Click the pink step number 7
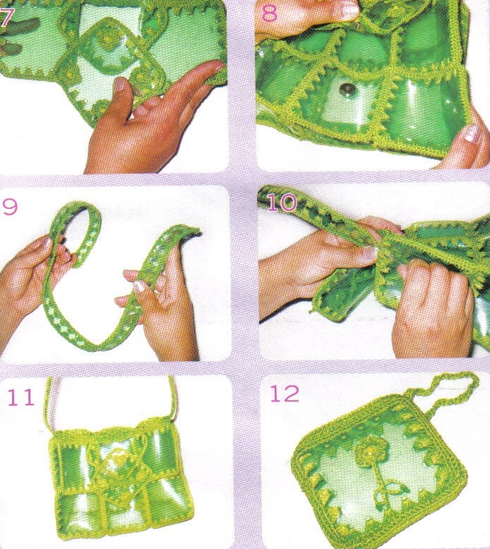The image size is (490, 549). [6, 18]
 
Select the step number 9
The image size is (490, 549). [10, 207]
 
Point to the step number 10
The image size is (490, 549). [282, 203]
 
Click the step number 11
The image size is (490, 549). [21, 397]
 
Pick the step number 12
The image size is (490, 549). [285, 394]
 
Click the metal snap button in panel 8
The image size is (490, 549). [346, 90]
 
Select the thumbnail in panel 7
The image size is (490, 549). [119, 85]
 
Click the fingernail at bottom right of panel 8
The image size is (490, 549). [472, 133]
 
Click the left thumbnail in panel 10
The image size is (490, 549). [369, 252]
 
